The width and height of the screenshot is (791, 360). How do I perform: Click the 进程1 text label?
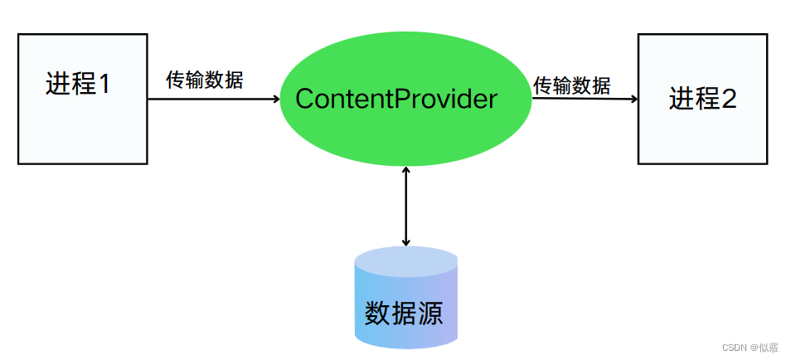point(77,84)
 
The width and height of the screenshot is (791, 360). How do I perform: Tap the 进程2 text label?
point(703,100)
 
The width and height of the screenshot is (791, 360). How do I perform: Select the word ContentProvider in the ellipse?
point(396,99)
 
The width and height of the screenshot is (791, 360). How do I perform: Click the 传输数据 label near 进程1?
point(205,80)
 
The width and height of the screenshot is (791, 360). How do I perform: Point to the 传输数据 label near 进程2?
point(571,85)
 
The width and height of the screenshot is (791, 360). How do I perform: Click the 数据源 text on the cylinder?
point(404,313)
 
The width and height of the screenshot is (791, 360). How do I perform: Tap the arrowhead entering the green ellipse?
point(275,99)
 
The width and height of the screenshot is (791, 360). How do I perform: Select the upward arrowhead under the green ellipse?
point(405,170)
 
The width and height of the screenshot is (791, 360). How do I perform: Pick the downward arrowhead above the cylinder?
point(405,242)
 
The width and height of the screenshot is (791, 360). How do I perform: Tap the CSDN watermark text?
point(734,348)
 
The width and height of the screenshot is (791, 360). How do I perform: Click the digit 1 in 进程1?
point(104,84)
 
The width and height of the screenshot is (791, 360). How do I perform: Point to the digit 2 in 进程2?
point(730,100)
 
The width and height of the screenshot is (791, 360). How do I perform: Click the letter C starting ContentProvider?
point(303,99)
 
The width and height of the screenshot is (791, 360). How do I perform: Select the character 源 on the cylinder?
point(429,313)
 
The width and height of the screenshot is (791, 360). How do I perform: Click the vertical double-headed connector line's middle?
point(405,207)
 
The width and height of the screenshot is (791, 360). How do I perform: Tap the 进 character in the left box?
point(58,84)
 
